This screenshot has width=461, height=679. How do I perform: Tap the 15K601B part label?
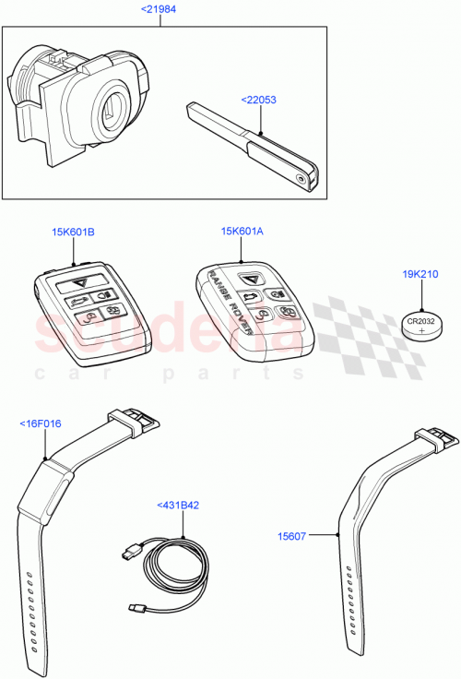(x=74, y=232)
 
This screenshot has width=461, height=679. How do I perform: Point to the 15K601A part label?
(x=242, y=232)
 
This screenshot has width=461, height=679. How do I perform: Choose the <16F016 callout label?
(x=40, y=424)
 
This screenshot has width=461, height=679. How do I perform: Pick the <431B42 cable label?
(x=179, y=505)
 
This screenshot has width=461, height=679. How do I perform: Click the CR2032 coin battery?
(x=423, y=325)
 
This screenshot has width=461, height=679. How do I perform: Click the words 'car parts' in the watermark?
(x=166, y=375)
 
